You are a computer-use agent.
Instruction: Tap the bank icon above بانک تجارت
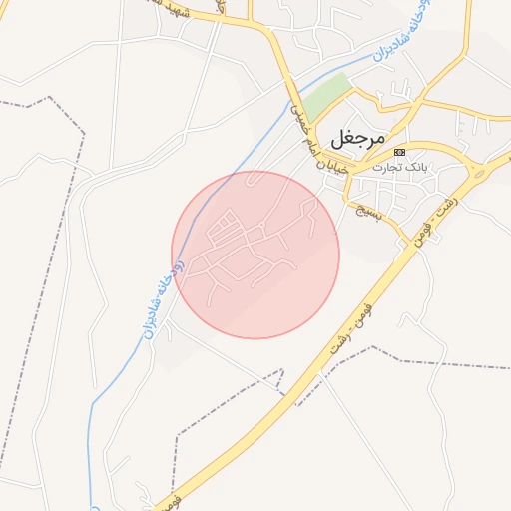click(399, 152)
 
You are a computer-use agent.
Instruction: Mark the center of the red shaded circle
click(255, 255)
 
